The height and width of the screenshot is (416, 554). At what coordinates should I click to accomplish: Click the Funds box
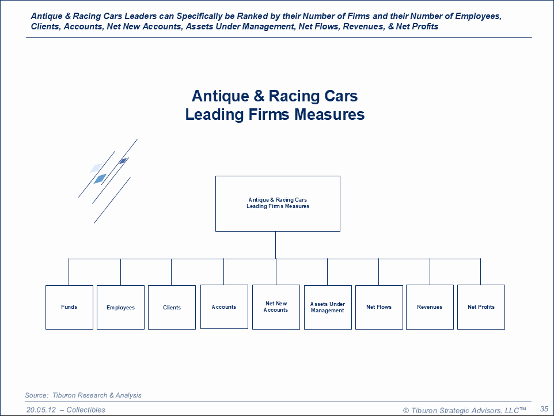click(x=69, y=307)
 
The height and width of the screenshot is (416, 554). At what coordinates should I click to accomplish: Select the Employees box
click(x=120, y=308)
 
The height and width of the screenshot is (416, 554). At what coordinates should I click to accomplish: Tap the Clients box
click(x=172, y=308)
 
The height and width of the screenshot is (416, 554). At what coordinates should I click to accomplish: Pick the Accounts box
click(x=224, y=307)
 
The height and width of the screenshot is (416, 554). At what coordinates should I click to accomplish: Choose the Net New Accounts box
click(x=276, y=307)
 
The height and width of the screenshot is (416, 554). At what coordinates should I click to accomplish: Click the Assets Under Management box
click(x=328, y=307)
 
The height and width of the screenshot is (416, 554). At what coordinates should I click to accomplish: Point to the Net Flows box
click(x=379, y=307)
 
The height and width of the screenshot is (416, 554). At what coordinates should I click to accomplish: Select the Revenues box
click(x=430, y=307)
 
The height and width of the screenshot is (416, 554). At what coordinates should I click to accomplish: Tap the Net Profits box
click(x=481, y=307)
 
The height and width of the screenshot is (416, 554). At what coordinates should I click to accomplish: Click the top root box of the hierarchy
click(x=278, y=203)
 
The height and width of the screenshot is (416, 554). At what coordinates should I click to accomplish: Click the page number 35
click(x=544, y=409)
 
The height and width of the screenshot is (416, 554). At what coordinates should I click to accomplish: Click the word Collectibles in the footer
click(x=86, y=410)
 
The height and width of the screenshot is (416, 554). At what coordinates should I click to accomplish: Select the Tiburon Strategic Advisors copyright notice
click(x=464, y=410)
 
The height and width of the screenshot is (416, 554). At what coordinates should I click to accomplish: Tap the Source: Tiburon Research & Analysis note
click(x=83, y=395)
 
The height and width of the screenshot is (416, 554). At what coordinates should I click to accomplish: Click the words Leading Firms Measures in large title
click(x=275, y=115)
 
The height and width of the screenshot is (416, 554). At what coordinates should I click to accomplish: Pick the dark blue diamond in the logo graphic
click(x=123, y=161)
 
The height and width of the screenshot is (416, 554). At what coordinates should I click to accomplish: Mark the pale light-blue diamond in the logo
click(x=96, y=168)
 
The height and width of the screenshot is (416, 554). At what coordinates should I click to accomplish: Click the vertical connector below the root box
click(x=275, y=245)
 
